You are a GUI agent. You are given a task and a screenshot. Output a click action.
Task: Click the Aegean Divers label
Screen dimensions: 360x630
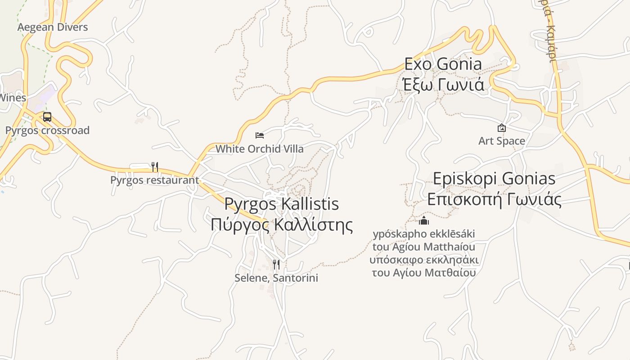[x=53, y=27]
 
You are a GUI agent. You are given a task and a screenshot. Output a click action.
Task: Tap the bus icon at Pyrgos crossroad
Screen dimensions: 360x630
[x=47, y=117]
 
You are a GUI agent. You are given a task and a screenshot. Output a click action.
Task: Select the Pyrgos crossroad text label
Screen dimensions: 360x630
[x=47, y=130]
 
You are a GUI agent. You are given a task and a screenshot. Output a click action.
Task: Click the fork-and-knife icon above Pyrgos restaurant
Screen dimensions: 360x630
[x=154, y=167]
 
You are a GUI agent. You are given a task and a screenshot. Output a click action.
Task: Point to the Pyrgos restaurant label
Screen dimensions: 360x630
[x=154, y=180]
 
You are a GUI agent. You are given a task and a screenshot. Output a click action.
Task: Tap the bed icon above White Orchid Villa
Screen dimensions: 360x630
[x=260, y=135]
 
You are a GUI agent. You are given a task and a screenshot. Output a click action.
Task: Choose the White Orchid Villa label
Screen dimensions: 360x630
[x=260, y=148]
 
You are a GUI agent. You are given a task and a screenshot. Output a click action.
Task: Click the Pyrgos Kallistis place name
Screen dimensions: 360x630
[x=281, y=204]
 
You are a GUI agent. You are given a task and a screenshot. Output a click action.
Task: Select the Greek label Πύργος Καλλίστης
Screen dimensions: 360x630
[x=281, y=225]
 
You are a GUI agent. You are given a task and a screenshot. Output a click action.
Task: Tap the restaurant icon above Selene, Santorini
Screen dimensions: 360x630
[x=276, y=264]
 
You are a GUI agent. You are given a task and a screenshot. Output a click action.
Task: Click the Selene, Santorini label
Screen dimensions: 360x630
[x=276, y=278]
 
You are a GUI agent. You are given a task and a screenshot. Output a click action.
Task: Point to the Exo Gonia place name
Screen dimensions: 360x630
[x=443, y=64]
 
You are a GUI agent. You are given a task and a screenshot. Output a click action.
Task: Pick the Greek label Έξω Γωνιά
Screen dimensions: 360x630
[x=443, y=85]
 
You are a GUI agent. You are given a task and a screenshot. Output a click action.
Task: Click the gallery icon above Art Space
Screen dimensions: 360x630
[x=502, y=128]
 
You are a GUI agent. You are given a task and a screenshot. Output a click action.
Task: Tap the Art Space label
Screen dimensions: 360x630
[x=502, y=141]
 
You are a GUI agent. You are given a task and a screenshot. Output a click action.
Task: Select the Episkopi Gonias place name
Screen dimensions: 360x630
[x=494, y=179]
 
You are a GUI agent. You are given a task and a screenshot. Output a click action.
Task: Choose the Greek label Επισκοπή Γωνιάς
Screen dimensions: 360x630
[x=494, y=199]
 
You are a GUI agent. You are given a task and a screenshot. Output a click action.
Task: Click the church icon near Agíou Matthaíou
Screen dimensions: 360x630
[x=424, y=220]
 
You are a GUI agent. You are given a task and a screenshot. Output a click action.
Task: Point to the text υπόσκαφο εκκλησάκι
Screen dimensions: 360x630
[x=424, y=260]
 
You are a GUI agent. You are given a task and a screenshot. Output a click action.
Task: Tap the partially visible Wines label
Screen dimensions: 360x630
[x=13, y=98]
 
